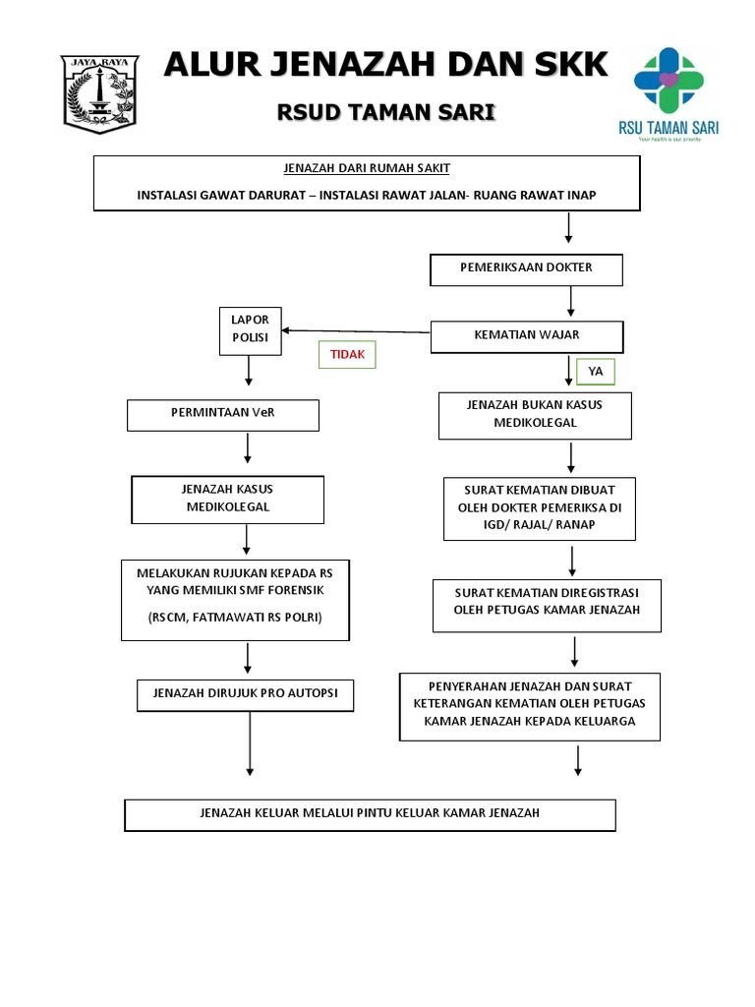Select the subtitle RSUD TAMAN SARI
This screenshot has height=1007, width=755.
[x=385, y=113]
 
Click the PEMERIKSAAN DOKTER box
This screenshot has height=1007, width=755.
[x=526, y=268]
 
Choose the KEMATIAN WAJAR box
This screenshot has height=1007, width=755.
[x=526, y=336]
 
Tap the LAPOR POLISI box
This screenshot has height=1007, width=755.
[x=250, y=330]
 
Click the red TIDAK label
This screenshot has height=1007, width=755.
[x=347, y=355]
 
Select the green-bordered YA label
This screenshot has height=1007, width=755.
[x=595, y=372]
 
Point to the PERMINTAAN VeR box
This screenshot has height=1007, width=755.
[x=223, y=414]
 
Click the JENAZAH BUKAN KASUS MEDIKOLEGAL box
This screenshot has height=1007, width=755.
[x=535, y=415]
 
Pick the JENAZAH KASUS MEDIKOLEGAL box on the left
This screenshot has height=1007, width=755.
[x=228, y=500]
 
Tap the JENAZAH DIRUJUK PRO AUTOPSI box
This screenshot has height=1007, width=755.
[x=245, y=694]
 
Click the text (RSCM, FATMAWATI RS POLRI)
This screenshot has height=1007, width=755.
[x=235, y=617]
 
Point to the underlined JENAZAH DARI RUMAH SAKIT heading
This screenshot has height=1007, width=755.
[x=367, y=168]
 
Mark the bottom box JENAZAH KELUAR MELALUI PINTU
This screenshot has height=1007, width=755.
[x=370, y=814]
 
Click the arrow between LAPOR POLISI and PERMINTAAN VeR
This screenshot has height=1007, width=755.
[x=250, y=372]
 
